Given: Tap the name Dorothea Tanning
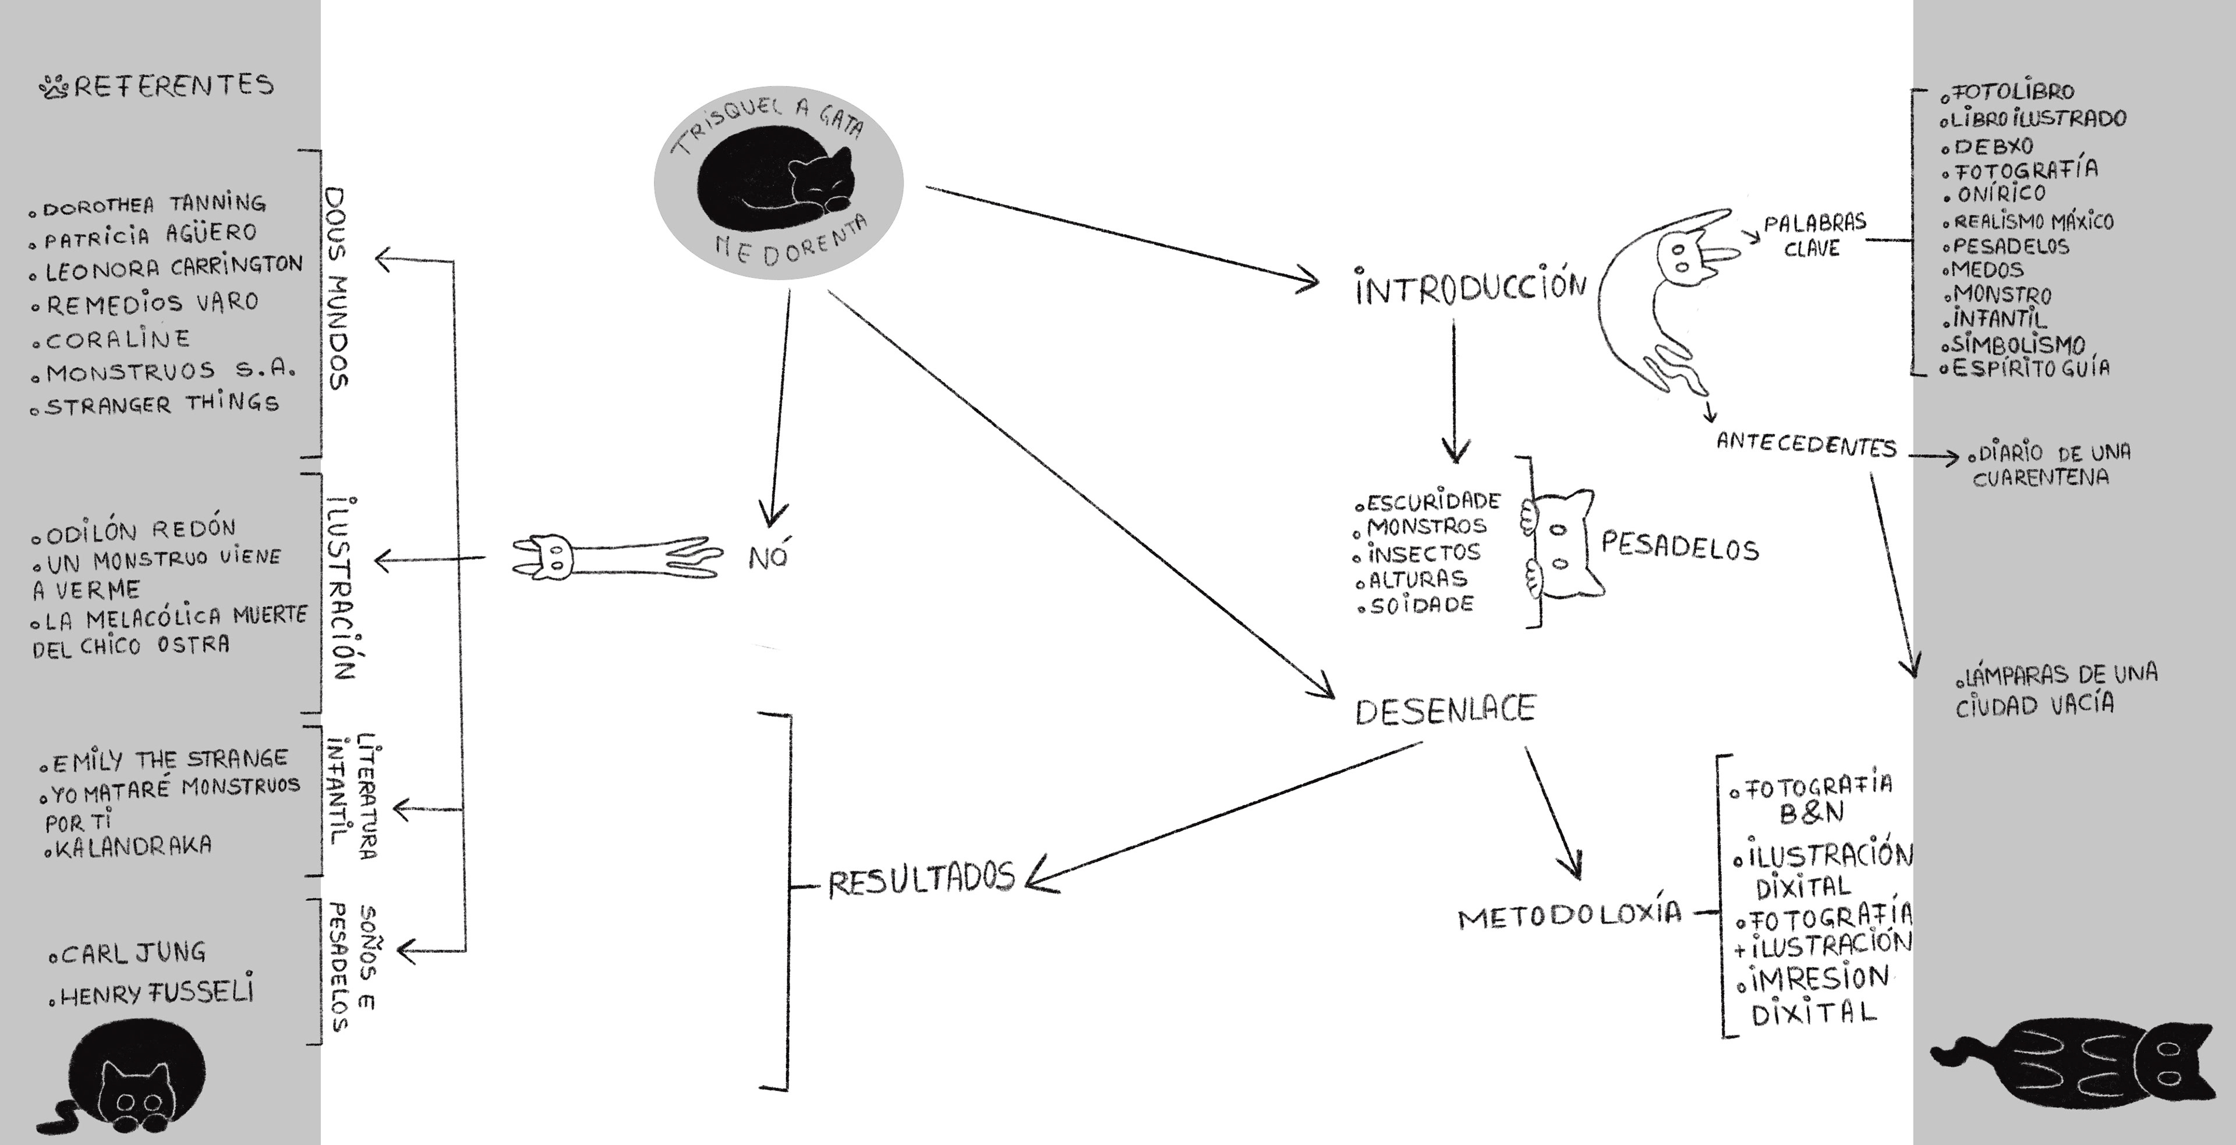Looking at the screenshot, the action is click(x=154, y=205).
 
